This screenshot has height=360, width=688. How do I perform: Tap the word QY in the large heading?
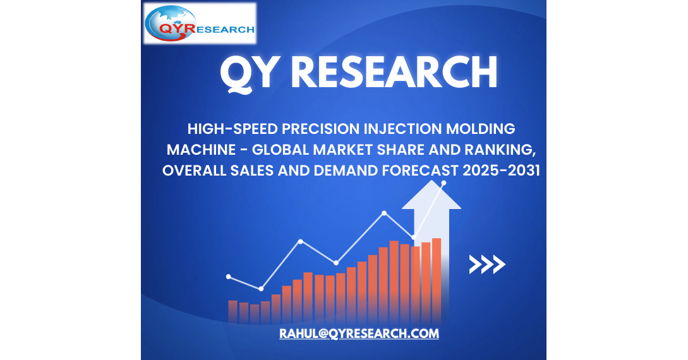pyautogui.click(x=248, y=73)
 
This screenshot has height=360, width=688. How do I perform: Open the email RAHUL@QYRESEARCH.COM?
pyautogui.click(x=359, y=333)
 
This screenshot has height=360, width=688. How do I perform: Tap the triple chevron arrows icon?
pyautogui.click(x=487, y=265)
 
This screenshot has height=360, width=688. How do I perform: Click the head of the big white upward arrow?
pyautogui.click(x=432, y=197)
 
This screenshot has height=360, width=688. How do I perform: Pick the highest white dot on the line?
pyautogui.click(x=444, y=183)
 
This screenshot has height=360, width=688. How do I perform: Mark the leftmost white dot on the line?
pyautogui.click(x=229, y=277)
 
